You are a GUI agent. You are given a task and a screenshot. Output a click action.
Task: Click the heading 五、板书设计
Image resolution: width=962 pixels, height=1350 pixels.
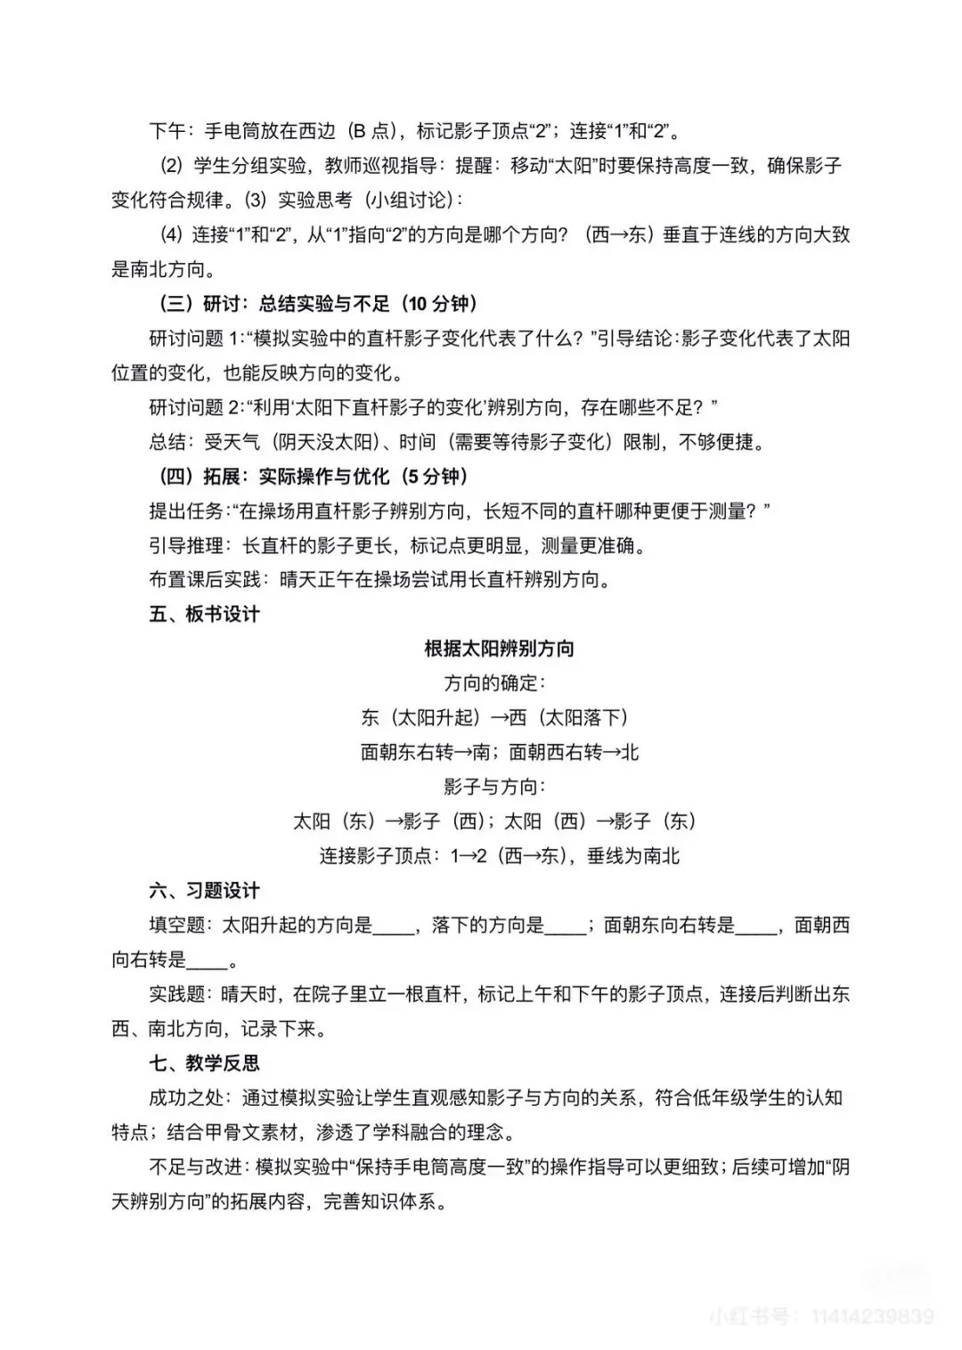pyautogui.click(x=204, y=614)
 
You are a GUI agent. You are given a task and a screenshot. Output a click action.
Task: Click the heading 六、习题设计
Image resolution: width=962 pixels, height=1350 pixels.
pyautogui.click(x=204, y=890)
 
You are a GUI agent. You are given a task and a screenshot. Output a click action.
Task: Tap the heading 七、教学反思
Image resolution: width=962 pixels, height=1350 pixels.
pyautogui.click(x=204, y=1063)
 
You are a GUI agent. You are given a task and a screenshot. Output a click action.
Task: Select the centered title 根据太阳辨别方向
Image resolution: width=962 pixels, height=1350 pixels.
pyautogui.click(x=499, y=649)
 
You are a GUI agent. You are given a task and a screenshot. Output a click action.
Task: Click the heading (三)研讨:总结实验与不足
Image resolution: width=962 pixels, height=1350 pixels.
pyautogui.click(x=314, y=304)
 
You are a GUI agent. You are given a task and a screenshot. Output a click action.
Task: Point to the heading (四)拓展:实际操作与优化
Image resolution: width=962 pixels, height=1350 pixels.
pyautogui.click(x=314, y=476)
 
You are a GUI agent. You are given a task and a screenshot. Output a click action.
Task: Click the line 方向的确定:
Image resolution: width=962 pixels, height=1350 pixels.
pyautogui.click(x=494, y=683)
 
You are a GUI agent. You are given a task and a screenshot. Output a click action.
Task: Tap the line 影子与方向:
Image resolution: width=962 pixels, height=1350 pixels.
pyautogui.click(x=494, y=787)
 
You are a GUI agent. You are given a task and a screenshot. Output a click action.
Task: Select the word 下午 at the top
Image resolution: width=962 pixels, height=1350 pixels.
pyautogui.click(x=167, y=131)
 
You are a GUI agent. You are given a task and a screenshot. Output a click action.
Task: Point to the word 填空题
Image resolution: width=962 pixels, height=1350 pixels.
pyautogui.click(x=177, y=925)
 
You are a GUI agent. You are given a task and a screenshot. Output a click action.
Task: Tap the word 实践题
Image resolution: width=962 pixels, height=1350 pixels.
pyautogui.click(x=177, y=994)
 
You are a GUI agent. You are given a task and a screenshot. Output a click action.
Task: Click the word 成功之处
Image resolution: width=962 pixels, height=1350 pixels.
pyautogui.click(x=185, y=1098)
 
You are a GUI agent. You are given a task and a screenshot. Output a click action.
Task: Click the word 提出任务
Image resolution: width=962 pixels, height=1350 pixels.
pyautogui.click(x=185, y=511)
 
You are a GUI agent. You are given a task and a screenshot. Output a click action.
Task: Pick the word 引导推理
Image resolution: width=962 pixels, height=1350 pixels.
pyautogui.click(x=185, y=545)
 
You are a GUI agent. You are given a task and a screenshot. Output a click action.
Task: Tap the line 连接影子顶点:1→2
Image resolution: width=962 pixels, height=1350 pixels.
pyautogui.click(x=499, y=856)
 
